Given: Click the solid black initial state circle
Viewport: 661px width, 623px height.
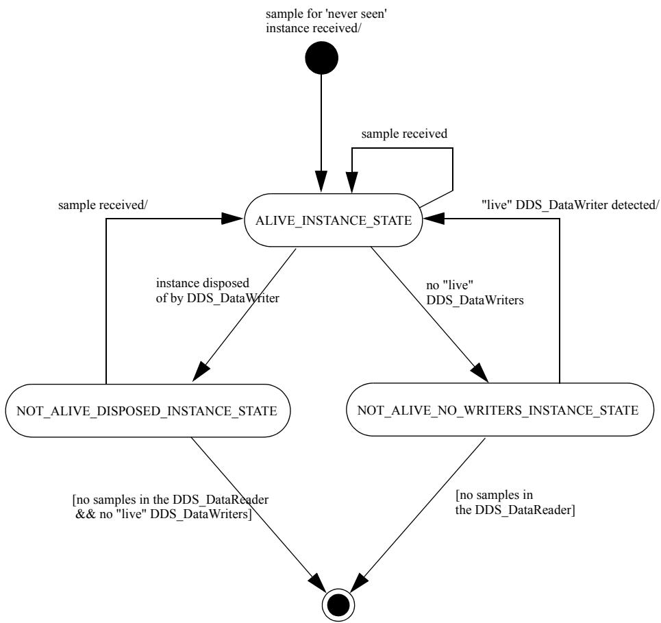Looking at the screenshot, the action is tap(321, 58).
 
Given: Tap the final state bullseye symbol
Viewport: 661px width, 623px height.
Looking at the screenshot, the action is tap(338, 605).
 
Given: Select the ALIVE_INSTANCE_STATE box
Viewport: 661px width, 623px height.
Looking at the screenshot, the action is tap(334, 220).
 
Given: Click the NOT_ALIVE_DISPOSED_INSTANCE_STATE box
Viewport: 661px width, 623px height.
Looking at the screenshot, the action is tap(148, 411).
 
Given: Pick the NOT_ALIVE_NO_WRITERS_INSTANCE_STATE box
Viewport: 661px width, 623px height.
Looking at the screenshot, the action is tap(500, 410).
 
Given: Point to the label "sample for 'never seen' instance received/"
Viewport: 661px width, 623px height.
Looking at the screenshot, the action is tap(326, 21).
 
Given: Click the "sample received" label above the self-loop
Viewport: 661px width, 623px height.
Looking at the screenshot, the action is tap(404, 134).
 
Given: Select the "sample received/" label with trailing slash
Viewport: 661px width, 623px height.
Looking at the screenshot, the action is tap(103, 205).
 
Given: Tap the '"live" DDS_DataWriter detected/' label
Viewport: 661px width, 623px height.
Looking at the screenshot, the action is tap(570, 205).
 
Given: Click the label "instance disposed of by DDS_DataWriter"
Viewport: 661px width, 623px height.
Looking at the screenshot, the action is tap(218, 291).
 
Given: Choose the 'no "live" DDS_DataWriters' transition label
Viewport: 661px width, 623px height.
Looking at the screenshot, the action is tap(475, 293).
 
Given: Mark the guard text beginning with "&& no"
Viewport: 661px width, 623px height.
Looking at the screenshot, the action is tap(164, 514).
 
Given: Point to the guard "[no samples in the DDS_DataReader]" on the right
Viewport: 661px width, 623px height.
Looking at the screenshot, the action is tap(515, 502).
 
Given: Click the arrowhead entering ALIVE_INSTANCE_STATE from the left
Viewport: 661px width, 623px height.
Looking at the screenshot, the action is tap(232, 219).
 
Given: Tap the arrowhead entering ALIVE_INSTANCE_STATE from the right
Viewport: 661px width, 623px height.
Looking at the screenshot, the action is tap(434, 219).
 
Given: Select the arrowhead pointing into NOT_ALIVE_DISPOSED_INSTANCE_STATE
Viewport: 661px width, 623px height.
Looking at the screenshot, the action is tap(201, 372).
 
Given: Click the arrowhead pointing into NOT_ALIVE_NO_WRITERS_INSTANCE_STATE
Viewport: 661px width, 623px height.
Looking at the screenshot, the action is tap(479, 373).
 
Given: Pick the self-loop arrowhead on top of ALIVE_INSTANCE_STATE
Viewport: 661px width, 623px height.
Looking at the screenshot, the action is tap(352, 182).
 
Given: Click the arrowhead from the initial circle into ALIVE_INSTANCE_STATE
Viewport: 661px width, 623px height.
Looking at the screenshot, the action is tap(321, 182).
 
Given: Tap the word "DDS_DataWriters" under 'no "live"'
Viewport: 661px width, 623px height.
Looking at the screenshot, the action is tap(475, 300).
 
